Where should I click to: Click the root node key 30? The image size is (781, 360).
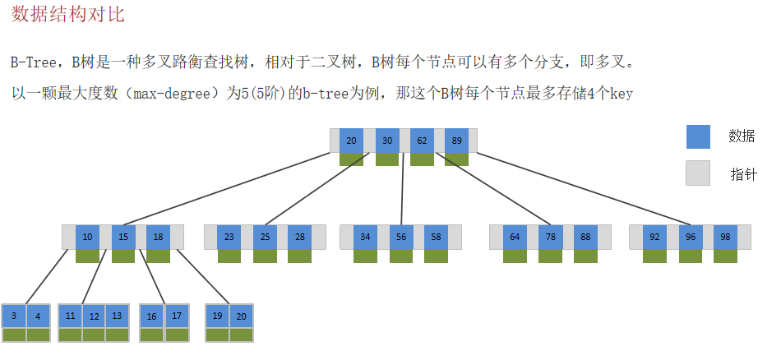coord(387,141)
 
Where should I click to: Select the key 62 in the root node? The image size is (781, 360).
coord(422,141)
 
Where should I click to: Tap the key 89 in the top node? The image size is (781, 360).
coord(456,141)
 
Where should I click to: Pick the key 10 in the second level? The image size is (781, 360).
coord(87,238)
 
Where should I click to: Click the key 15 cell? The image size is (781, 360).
coord(122,238)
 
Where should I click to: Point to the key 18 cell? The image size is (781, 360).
coord(158,238)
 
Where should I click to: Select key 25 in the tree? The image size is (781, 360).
coord(265,238)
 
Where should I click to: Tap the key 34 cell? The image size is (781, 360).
coord(365,238)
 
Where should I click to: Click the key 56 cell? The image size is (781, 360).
coord(400,238)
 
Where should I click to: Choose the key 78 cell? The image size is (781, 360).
coord(550,238)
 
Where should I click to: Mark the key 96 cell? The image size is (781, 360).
coord(690,238)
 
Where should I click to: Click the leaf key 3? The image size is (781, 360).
coord(14,316)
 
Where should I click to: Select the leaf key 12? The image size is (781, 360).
coord(94,316)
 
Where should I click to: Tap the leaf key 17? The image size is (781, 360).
coord(177,316)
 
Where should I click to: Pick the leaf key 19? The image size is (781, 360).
coord(217,316)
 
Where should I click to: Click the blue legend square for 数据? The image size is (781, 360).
coord(697,136)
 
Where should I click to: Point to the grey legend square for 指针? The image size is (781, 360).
coord(697,173)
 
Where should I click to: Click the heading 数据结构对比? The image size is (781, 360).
coord(68,15)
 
